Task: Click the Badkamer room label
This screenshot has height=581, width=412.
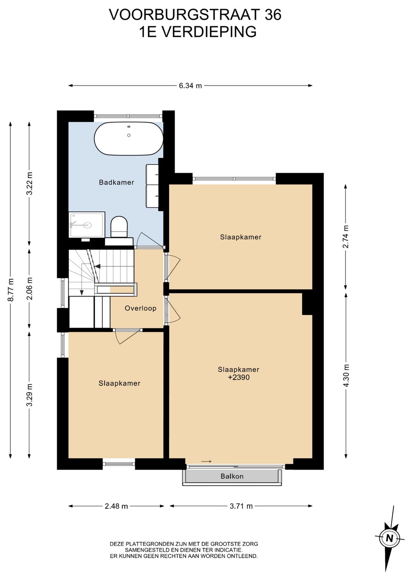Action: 116,182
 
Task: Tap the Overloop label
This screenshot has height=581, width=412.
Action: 141,308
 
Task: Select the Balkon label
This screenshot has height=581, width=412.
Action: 232,476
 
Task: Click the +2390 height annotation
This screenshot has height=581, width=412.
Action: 239,377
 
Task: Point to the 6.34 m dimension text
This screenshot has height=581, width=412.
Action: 190,86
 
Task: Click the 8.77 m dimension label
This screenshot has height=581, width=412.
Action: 11,290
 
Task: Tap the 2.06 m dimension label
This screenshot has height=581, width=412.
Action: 30,289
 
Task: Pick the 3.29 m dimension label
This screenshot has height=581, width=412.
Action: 30,395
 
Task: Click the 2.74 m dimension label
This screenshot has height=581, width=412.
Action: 346,236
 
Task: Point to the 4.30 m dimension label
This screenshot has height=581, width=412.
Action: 346,375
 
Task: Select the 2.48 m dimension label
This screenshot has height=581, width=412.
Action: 116,506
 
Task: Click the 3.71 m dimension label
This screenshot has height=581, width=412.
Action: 241,506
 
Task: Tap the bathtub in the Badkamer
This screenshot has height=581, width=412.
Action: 129,139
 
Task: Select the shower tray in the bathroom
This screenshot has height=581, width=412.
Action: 87,224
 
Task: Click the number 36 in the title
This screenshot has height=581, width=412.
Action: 273,14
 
